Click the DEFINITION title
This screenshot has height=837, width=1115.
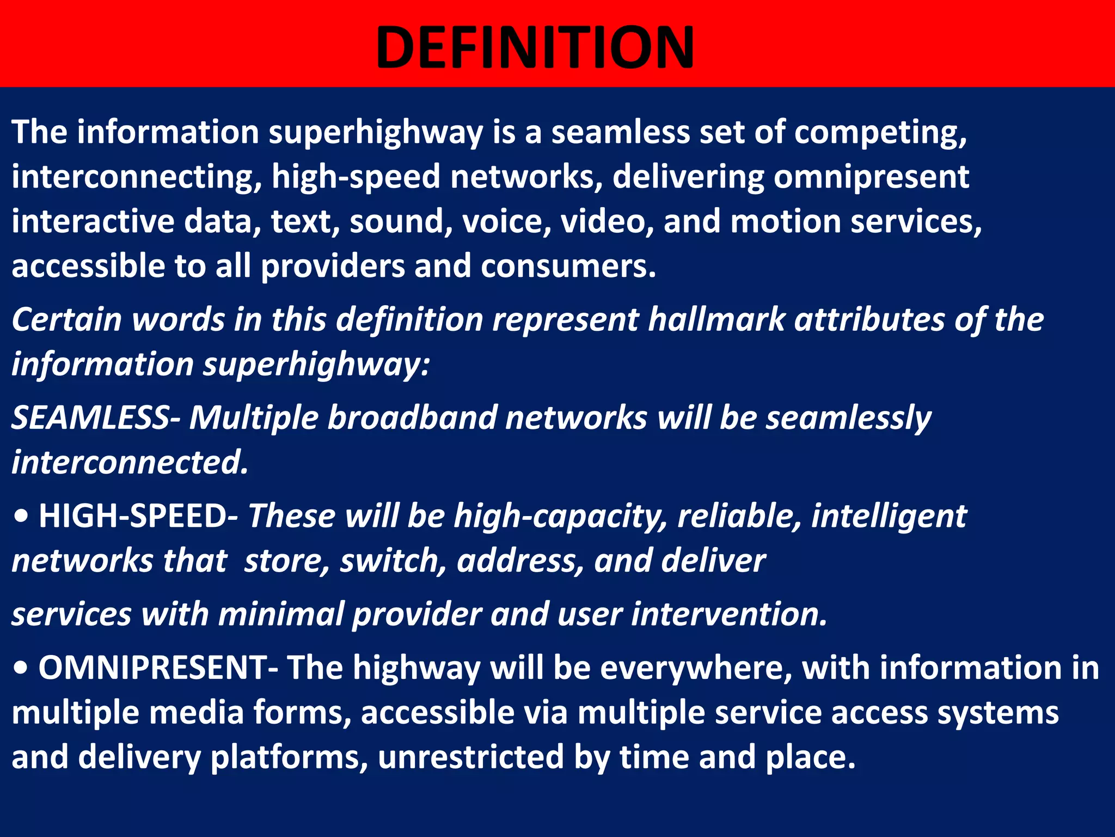pos(535,48)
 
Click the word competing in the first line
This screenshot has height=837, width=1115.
pos(880,132)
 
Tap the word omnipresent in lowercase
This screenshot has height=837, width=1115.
pos(871,177)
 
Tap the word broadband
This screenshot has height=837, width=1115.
pos(412,418)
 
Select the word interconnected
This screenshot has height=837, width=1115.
pos(130,463)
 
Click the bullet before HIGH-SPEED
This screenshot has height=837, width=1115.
pos(21,517)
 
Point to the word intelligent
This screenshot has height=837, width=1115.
pos(889,516)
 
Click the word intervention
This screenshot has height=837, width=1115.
pos(729,614)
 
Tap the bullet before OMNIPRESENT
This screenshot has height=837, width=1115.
pos(21,669)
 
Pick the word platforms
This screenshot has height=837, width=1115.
pos(289,757)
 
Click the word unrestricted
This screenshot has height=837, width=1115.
pos(470,757)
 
